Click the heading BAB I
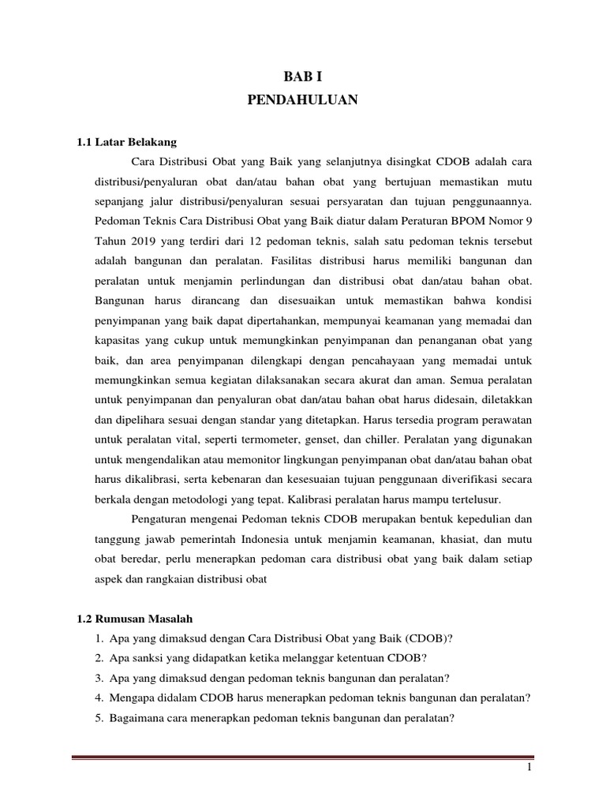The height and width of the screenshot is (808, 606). click(x=303, y=76)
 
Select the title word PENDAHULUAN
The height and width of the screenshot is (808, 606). click(x=303, y=100)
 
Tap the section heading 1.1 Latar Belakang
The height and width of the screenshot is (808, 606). click(x=126, y=142)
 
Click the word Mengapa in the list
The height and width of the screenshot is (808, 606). click(x=133, y=698)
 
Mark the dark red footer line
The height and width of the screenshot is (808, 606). click(x=303, y=738)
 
